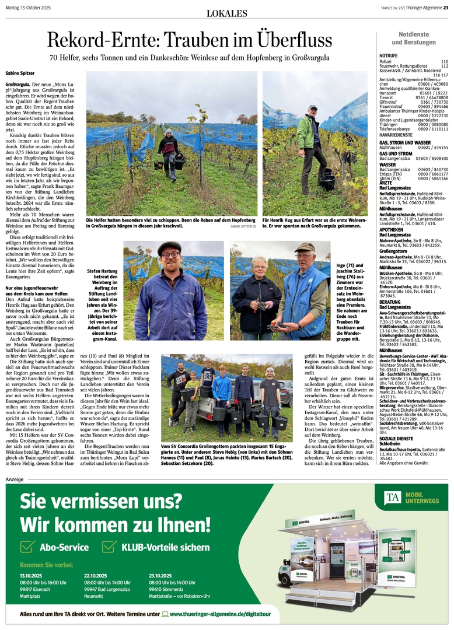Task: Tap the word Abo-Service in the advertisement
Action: pyautogui.click(x=64, y=547)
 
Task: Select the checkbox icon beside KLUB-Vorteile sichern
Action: pyautogui.click(x=109, y=547)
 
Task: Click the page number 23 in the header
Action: pyautogui.click(x=445, y=7)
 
